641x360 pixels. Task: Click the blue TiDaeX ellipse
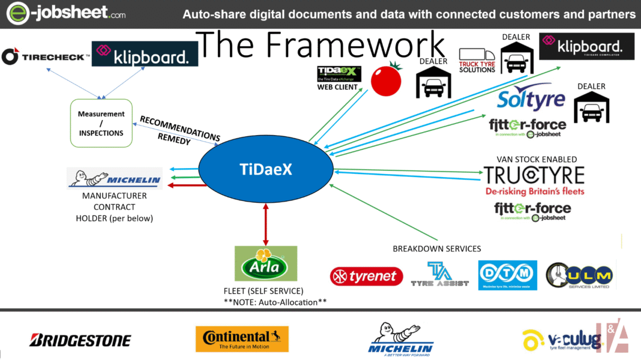pos(265,170)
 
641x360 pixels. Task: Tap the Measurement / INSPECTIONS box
pos(100,123)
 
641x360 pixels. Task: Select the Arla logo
pos(265,263)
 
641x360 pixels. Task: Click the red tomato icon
pos(386,80)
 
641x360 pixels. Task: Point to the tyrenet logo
pos(366,276)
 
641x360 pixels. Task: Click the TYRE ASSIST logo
pos(439,275)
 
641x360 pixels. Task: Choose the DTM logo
pos(507,275)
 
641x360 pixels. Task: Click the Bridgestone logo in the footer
pos(80,340)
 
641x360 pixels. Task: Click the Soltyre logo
pos(531,98)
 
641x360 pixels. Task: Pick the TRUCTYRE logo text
pos(534,175)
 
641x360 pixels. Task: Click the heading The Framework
pos(321,45)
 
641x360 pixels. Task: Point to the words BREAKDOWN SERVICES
pos(437,248)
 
